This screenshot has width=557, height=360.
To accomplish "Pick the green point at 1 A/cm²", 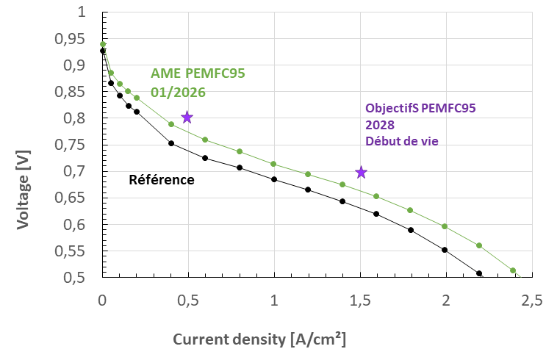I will click(274, 164).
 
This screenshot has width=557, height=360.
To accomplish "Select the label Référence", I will click(162, 179).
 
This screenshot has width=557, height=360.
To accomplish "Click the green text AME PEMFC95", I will click(198, 73).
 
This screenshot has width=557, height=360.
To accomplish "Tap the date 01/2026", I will click(178, 93).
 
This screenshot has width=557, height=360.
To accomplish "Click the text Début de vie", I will click(402, 140).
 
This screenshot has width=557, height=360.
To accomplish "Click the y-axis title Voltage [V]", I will click(23, 190).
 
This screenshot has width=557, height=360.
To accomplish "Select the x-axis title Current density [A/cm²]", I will click(259, 339).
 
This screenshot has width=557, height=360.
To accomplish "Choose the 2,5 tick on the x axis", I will click(531, 301).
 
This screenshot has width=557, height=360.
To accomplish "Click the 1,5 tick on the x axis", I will click(360, 301).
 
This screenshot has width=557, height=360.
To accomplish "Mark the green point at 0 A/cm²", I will click(103, 45).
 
